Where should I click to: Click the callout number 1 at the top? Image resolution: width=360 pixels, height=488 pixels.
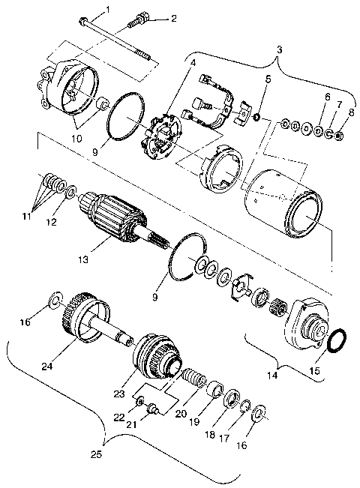[106, 9]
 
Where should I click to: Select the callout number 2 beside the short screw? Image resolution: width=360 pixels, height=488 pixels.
[175, 18]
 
